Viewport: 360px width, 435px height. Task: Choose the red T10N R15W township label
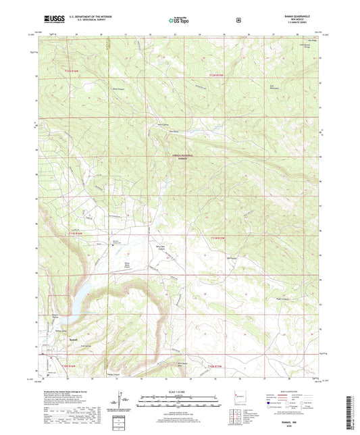coord(216,366)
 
